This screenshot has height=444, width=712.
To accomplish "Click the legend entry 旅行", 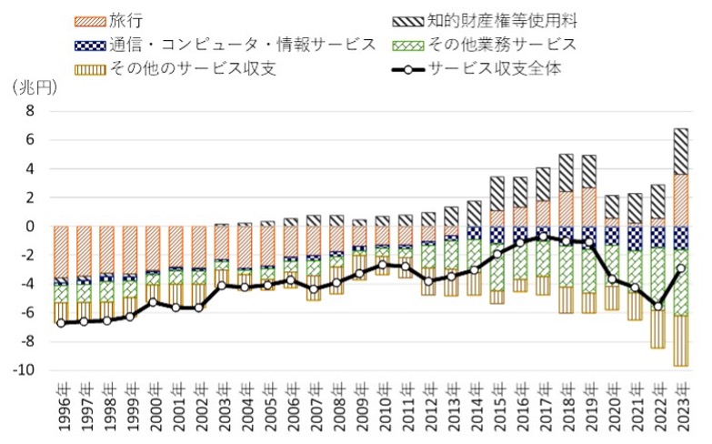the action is [109, 21].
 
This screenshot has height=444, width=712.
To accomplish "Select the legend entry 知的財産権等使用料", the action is [485, 21].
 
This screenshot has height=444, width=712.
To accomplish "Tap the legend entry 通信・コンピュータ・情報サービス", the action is [226, 45].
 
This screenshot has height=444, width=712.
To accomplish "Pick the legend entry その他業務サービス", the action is [485, 45].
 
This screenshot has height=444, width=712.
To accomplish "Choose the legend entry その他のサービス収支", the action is [175, 68].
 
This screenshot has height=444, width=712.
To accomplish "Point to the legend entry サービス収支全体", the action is [476, 68].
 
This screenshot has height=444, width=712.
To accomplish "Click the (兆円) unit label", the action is [35, 87].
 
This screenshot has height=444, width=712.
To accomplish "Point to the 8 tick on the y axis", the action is [30, 111].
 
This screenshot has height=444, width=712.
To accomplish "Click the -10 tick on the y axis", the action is [24, 370].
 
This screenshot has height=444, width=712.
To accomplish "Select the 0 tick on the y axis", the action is [30, 227].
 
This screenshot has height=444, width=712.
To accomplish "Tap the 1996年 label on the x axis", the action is [65, 407].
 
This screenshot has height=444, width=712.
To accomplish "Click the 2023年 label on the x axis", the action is [682, 407].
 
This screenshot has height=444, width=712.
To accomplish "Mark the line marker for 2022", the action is [658, 307].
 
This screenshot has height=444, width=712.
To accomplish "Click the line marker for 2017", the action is [543, 237].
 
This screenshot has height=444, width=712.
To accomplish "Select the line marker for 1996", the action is [61, 323].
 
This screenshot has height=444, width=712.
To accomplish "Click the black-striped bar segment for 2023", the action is [681, 151].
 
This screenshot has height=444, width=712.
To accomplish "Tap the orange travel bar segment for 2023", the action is [681, 200].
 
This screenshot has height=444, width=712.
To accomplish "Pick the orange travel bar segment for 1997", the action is [84, 251].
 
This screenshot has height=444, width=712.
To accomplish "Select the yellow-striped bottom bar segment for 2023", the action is [681, 341].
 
